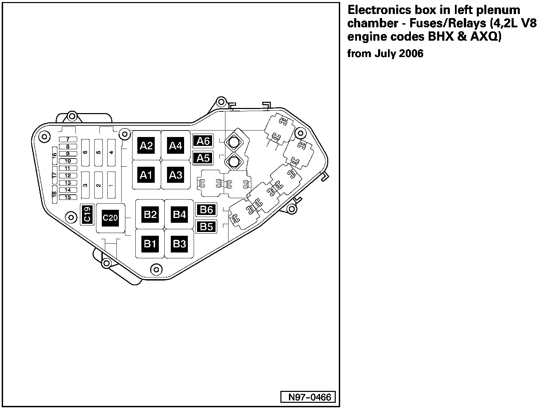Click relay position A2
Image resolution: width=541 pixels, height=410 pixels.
(x=146, y=146)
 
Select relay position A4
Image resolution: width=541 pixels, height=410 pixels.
(x=176, y=146)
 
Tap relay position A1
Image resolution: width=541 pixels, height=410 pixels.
(x=146, y=175)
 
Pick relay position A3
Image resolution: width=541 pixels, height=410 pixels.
(x=176, y=175)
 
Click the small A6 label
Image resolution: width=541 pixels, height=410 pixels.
(x=203, y=141)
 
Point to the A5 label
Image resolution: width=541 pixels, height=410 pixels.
(x=203, y=158)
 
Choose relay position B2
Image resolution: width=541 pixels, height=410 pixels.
(x=150, y=215)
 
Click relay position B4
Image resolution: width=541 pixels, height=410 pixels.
(x=179, y=215)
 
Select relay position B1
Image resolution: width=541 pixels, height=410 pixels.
(x=150, y=244)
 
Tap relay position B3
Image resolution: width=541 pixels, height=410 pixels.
(x=179, y=244)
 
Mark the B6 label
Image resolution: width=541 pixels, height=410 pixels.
(x=206, y=209)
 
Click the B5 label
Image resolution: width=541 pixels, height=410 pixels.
(x=206, y=226)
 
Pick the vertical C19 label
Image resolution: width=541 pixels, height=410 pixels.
(x=87, y=215)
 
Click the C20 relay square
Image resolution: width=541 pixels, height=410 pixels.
(x=110, y=218)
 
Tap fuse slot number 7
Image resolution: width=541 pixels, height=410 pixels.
(x=68, y=139)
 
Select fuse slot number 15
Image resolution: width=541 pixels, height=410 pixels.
(x=68, y=197)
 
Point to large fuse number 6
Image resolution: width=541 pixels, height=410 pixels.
(x=85, y=152)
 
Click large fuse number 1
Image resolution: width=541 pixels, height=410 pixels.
(x=111, y=185)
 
